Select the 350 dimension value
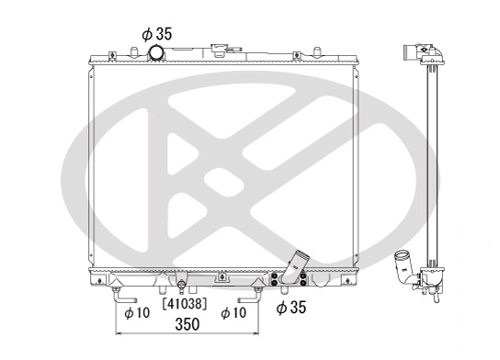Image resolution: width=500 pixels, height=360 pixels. click(187, 325)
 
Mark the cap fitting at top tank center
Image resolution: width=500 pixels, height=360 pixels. click(221, 48)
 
